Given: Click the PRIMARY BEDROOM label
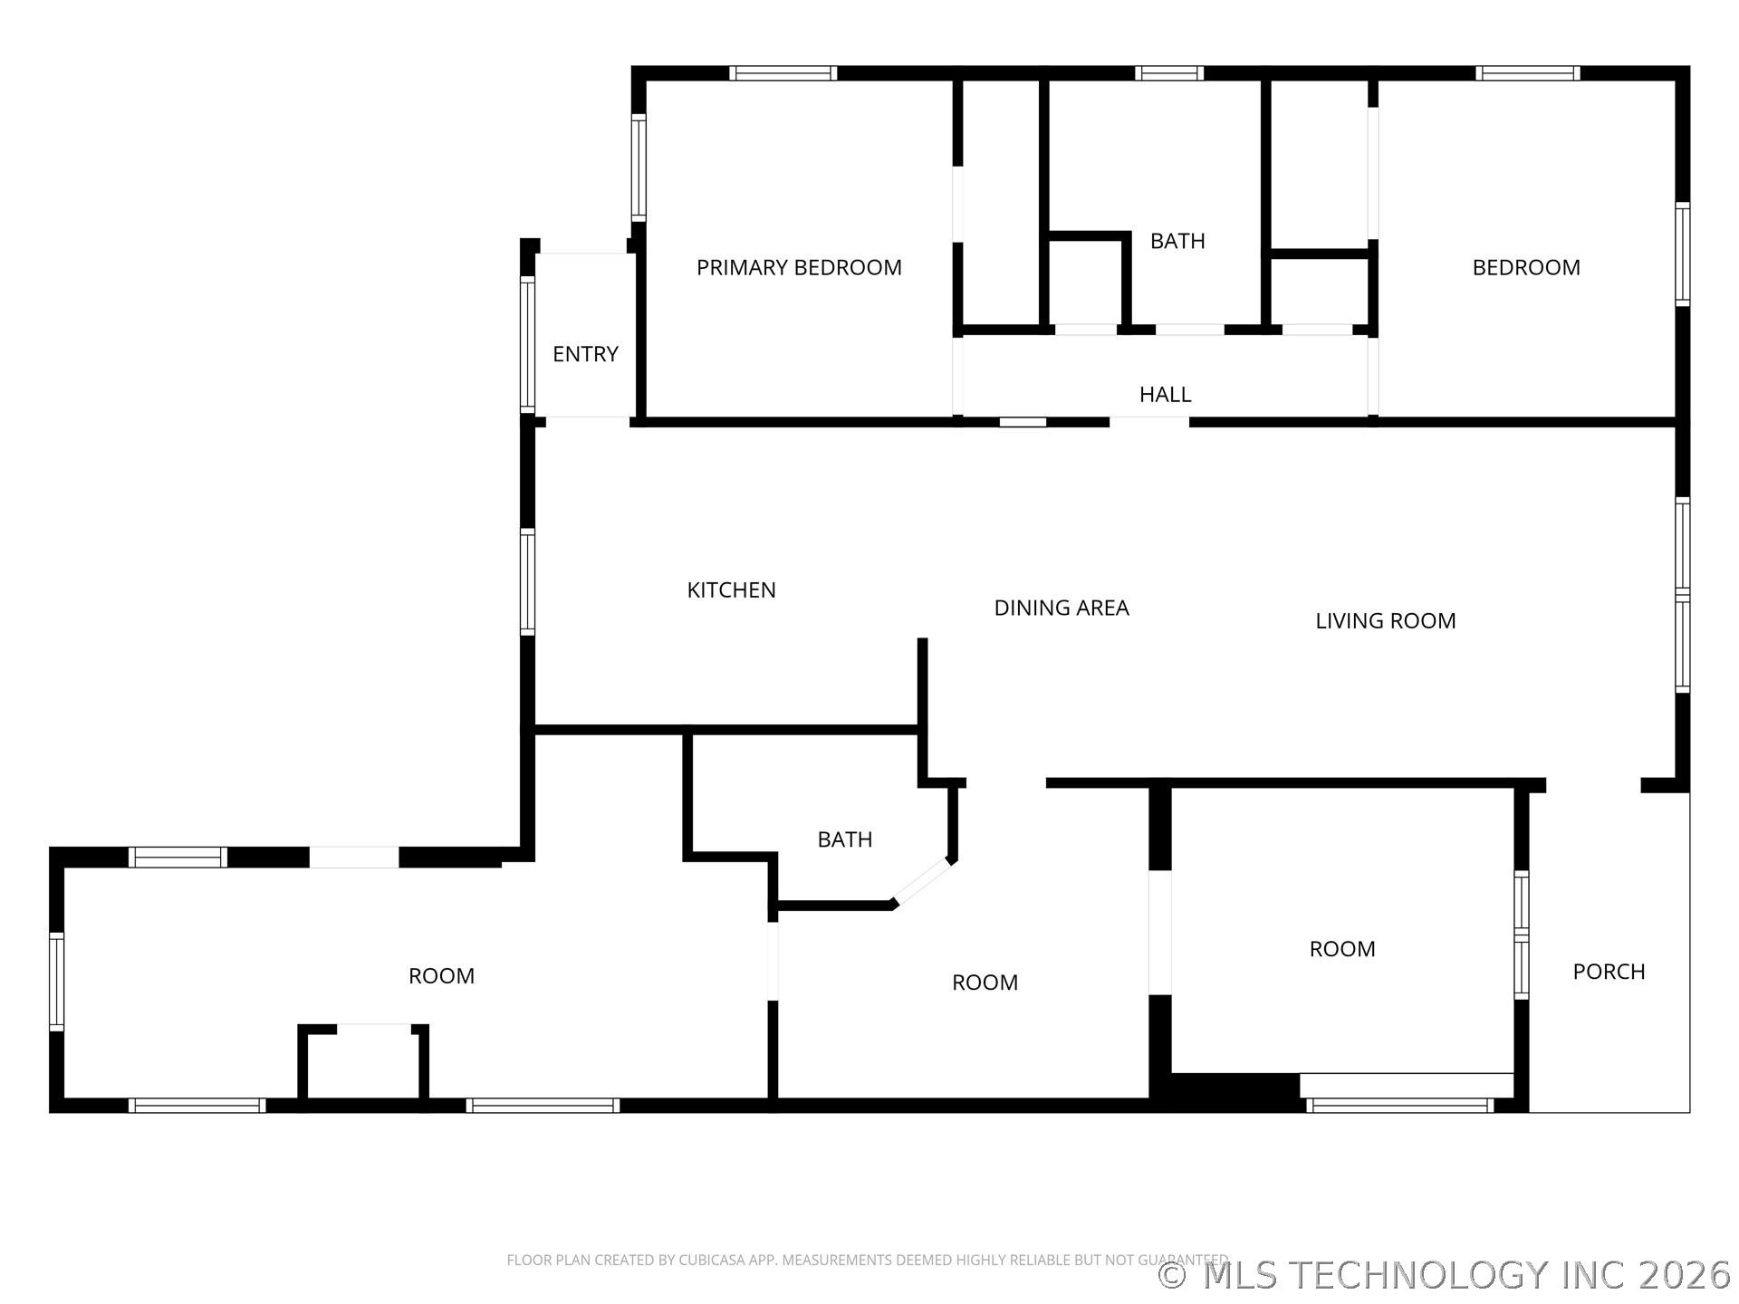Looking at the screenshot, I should click(x=799, y=267).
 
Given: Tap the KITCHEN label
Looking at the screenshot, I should click(x=731, y=590).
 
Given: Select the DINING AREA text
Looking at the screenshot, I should click(x=1062, y=608).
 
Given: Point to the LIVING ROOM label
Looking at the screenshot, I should click(x=1385, y=620).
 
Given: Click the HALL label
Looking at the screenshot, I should click(x=1165, y=394).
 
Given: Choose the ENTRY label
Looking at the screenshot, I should click(x=585, y=354).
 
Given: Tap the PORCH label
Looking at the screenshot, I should click(x=1609, y=972).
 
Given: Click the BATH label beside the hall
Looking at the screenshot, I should click(x=1177, y=241).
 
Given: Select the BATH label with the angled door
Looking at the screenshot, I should click(x=844, y=839).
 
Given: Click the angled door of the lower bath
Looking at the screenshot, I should click(x=923, y=882).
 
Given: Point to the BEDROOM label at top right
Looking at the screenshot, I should click(x=1526, y=267).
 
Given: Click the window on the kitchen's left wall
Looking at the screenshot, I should click(x=527, y=580).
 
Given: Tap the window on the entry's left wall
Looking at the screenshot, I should click(x=527, y=344).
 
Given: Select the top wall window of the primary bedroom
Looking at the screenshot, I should click(x=783, y=73).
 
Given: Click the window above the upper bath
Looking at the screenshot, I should click(x=1169, y=73).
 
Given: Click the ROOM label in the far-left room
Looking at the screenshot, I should click(x=441, y=975).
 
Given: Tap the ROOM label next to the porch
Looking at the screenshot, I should click(x=1342, y=948).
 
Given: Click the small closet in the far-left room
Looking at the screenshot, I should click(x=363, y=1065).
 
